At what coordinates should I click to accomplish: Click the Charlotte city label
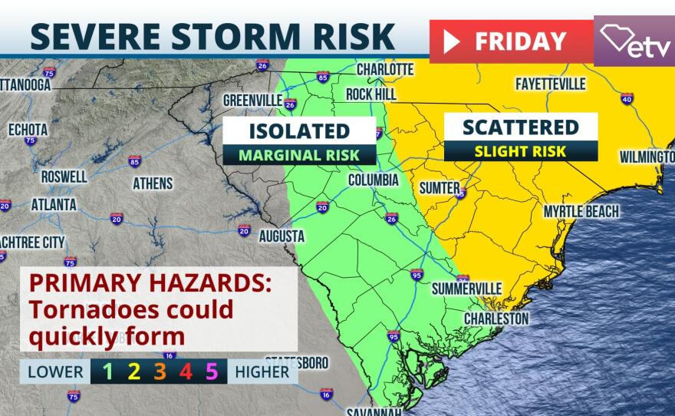(x=385, y=70)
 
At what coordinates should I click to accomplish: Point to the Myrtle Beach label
(x=581, y=211)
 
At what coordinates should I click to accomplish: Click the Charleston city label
(x=496, y=317)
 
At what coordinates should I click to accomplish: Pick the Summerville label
(x=466, y=289)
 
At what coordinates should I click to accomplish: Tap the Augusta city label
(x=282, y=236)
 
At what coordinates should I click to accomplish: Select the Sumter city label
(x=439, y=187)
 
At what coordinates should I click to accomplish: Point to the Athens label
(x=153, y=183)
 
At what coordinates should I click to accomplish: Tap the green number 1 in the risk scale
(x=108, y=372)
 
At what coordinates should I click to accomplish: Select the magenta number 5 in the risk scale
(x=212, y=372)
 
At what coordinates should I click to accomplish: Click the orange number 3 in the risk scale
(x=160, y=372)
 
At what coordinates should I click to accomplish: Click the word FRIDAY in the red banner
(x=520, y=41)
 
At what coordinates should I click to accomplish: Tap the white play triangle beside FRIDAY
(x=452, y=41)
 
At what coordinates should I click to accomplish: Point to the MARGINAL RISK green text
(x=298, y=154)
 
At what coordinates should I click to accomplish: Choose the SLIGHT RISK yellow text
(x=521, y=151)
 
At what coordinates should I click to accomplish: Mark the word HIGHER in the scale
(x=262, y=372)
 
